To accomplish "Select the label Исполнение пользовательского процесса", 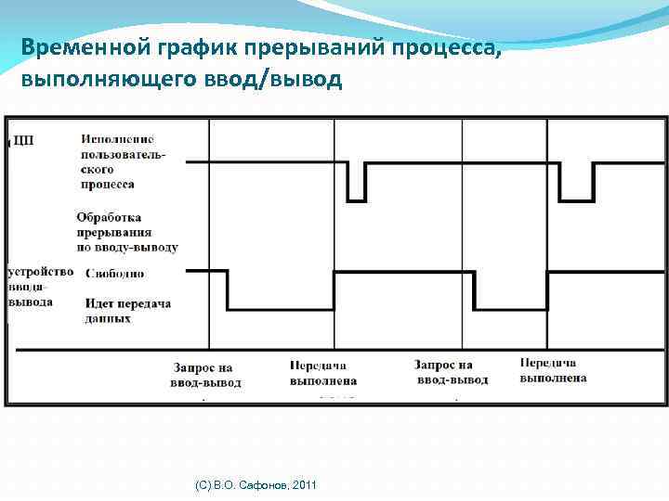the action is click(123, 161).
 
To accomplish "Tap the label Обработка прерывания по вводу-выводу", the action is click(126, 232).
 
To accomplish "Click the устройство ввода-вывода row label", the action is click(40, 287).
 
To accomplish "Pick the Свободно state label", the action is click(114, 274).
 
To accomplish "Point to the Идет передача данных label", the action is click(126, 311).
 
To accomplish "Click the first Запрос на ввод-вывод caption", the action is click(205, 374).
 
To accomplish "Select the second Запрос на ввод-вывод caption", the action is click(451, 372).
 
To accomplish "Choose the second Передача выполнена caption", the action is click(553, 371).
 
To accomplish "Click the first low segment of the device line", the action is click(280, 308).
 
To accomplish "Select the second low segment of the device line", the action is click(510, 308).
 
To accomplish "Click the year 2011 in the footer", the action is click(304, 485).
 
